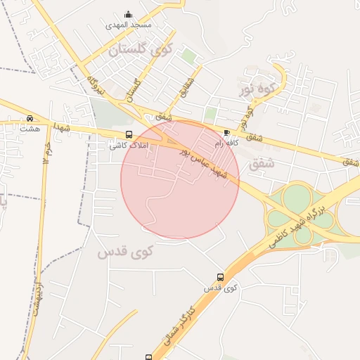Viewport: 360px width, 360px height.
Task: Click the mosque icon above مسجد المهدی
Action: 128,14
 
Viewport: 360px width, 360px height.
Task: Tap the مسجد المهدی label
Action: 128,25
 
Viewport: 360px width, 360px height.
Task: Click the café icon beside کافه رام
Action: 226,132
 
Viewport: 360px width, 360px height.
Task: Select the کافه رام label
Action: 228,143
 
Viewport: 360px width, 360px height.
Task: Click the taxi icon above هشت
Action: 30,118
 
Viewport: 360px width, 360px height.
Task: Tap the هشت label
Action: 30,129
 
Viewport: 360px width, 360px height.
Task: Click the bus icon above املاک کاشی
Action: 128,134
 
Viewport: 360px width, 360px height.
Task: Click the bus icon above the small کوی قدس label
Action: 221,278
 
